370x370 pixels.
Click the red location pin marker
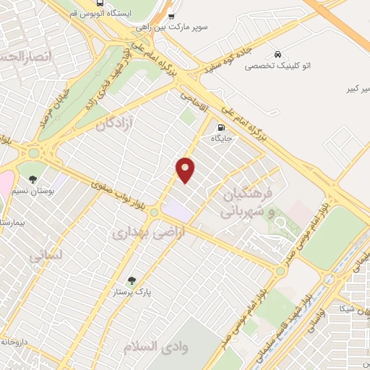point(186,169)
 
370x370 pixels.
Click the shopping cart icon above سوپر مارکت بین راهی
point(171,16)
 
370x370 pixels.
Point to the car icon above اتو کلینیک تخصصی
point(277,54)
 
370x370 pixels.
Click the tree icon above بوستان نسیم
point(32,178)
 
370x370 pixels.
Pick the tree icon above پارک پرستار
point(131,280)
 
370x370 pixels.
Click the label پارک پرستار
point(131,292)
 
